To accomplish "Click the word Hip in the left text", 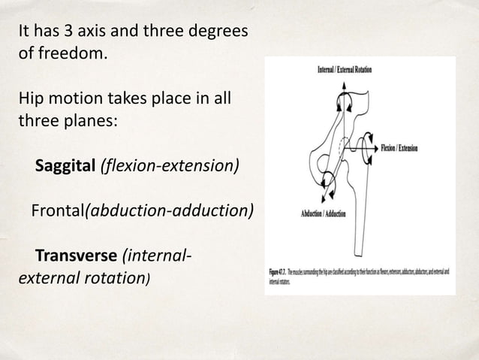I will click(29, 98).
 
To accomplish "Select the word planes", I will click(89, 120).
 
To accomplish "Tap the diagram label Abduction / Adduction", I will click(324, 214).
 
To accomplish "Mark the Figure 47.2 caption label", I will click(280, 271).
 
